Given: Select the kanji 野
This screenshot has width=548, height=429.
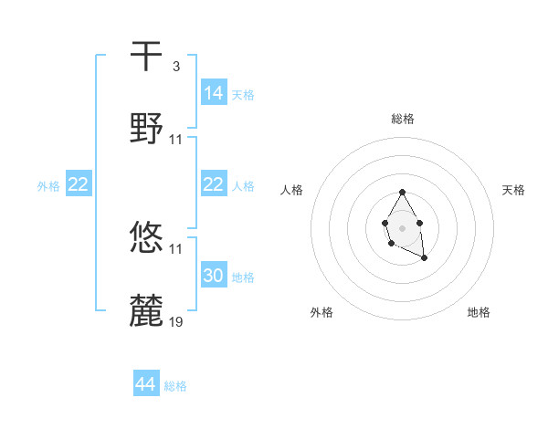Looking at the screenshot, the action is [147, 128].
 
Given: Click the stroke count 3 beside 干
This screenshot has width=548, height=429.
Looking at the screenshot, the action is [175, 67].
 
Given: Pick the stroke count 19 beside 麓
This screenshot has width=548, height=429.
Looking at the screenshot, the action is [176, 321].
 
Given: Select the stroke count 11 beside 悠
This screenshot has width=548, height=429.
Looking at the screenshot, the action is [176, 248].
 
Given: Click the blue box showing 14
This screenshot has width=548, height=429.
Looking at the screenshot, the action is [214, 92].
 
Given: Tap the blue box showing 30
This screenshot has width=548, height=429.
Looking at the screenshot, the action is [214, 275].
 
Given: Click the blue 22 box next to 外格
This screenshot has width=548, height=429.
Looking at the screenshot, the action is [79, 184].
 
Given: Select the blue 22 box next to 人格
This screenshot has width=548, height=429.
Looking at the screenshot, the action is [214, 184].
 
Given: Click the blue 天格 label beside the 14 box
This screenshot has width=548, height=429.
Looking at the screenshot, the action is [243, 94].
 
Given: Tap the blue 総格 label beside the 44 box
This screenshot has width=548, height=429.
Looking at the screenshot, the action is [175, 386].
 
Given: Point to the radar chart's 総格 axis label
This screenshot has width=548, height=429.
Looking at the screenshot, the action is [403, 119].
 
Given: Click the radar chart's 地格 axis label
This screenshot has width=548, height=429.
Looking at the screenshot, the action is [479, 312].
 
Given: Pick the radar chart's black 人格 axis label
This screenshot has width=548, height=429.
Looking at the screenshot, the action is [292, 190].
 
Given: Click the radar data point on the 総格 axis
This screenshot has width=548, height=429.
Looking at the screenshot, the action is [402, 192].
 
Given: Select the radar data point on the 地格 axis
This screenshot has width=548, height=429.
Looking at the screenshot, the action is [425, 259].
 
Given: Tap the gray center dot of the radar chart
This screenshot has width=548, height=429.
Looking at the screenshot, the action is [402, 226].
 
